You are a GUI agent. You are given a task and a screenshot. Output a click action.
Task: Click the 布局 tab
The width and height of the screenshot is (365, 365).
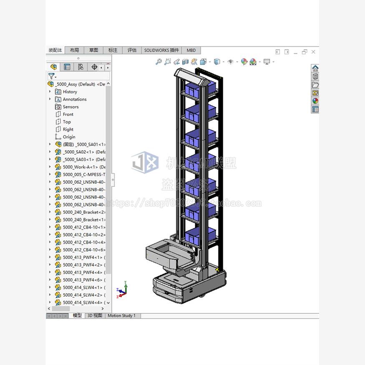click(74, 50)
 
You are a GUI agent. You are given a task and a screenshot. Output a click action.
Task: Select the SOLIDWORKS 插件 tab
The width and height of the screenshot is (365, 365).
click(161, 50)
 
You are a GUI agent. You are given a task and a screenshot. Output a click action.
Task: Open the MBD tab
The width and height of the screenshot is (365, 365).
click(191, 50)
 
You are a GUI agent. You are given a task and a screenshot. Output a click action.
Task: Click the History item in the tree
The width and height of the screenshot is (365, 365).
click(70, 92)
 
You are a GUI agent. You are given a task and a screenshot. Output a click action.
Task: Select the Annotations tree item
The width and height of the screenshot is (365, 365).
click(74, 99)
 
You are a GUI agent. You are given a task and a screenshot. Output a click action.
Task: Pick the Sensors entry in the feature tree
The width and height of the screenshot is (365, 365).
click(70, 107)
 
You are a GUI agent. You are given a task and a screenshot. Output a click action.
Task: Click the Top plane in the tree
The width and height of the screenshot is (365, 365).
click(67, 122)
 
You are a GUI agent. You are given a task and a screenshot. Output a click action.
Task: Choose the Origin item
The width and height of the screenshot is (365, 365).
click(69, 137)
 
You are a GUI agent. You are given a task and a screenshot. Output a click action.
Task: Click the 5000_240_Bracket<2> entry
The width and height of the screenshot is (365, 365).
click(83, 212)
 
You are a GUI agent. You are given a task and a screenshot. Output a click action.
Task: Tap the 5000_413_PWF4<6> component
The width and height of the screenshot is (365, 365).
click(83, 280)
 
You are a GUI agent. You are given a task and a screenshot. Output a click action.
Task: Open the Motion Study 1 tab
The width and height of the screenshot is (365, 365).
click(121, 316)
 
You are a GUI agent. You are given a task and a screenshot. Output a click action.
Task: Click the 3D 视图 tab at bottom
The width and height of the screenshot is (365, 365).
click(95, 316)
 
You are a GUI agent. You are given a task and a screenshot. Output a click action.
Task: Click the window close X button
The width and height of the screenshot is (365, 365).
click(313, 52)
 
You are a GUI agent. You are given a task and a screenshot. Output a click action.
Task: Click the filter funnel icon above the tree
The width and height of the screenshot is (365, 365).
click(51, 76)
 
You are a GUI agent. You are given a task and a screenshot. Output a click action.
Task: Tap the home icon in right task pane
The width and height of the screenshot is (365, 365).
click(315, 68)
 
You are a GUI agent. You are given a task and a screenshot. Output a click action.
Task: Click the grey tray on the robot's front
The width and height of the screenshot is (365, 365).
click(167, 255)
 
